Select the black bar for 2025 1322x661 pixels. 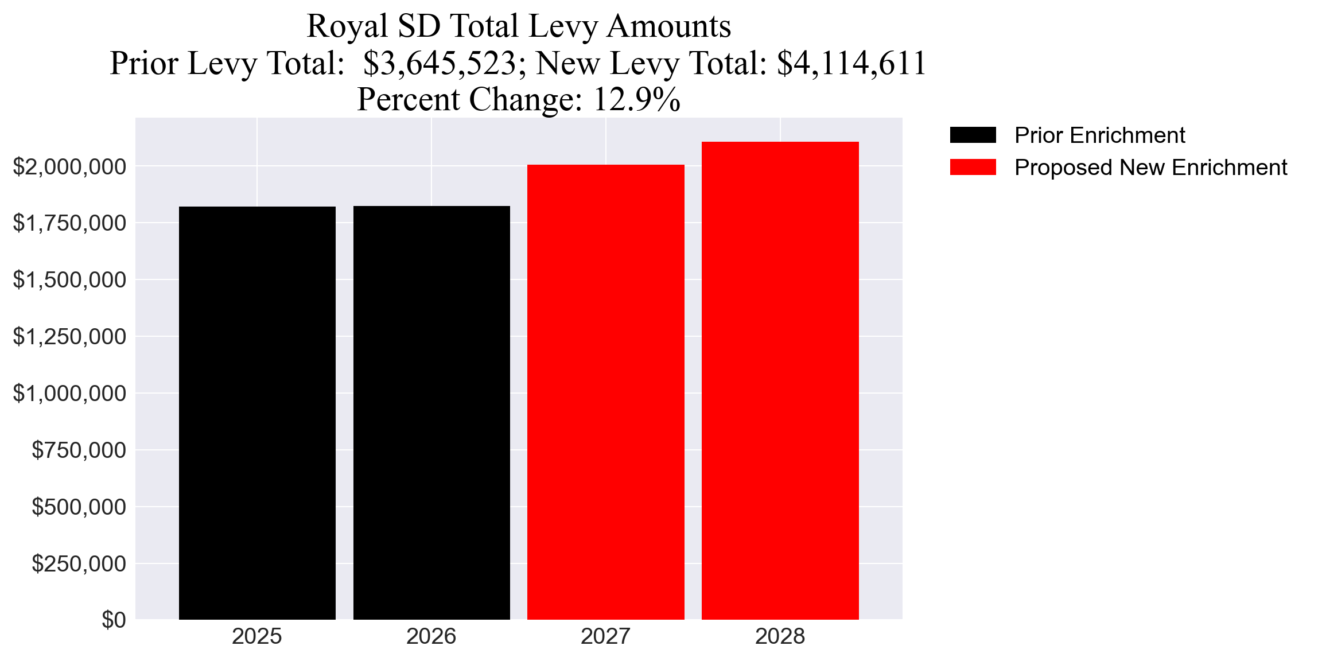click(x=257, y=413)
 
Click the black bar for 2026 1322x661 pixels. click(x=431, y=413)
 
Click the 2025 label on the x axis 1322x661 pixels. click(x=257, y=637)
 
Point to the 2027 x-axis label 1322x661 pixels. click(x=606, y=637)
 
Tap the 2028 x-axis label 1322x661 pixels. click(x=780, y=637)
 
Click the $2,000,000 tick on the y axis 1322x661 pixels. click(x=69, y=167)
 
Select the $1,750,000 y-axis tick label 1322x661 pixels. click(x=69, y=223)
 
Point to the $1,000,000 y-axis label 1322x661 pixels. click(x=69, y=394)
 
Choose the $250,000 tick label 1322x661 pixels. click(x=79, y=564)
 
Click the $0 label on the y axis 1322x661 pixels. click(x=114, y=620)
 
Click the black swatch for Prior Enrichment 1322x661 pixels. click(x=973, y=135)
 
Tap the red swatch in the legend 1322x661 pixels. click(x=973, y=168)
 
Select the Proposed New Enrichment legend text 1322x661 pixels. click(x=1150, y=168)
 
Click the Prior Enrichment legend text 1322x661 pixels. click(x=1099, y=135)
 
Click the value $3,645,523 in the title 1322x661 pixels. click(x=440, y=63)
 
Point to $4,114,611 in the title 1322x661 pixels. click(x=851, y=63)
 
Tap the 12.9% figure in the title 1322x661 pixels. click(x=636, y=99)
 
